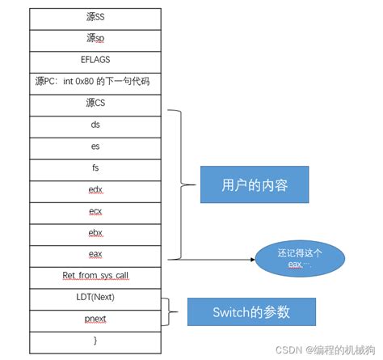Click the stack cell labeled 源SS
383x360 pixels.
tap(95, 16)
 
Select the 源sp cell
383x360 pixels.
tap(95, 38)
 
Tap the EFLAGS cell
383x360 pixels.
tap(95, 59)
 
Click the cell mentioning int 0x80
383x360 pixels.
tap(95, 81)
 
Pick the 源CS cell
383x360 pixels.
tap(95, 103)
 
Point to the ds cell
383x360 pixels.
tap(95, 125)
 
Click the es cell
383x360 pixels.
tap(95, 146)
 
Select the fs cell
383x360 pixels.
tap(95, 167)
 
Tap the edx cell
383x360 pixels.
tap(95, 189)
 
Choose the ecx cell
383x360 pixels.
tap(95, 211)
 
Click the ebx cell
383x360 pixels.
tap(95, 233)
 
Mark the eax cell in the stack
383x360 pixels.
tap(95, 254)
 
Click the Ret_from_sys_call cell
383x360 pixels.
tap(95, 276)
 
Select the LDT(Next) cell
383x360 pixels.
tap(95, 297)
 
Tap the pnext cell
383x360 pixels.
tap(95, 319)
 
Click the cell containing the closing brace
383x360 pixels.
tap(95, 341)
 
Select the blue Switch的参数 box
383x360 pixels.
tap(251, 311)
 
